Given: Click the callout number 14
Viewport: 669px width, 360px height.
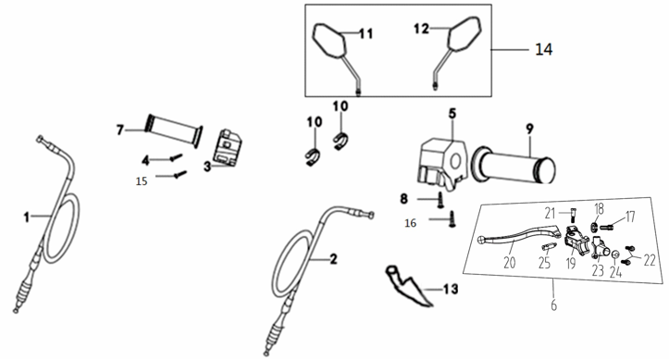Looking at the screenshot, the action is click(543, 49).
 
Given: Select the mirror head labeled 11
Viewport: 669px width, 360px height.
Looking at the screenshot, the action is click(329, 41).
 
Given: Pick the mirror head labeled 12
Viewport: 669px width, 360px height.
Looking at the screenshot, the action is click(465, 34).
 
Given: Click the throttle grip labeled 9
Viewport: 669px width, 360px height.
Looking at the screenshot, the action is click(514, 166).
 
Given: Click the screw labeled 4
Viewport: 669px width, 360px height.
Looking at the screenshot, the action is click(176, 157).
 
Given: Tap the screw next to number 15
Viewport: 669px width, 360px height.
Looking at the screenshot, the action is click(180, 174).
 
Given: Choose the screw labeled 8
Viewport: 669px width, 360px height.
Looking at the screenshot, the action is click(440, 200).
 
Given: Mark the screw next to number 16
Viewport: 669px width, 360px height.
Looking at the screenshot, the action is click(452, 219).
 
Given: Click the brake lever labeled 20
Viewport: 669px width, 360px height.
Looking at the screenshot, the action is click(519, 235).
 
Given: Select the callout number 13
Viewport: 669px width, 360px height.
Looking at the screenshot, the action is click(451, 289).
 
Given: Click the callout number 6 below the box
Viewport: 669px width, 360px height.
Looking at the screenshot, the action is click(553, 305).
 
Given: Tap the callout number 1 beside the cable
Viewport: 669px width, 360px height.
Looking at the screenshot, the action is click(27, 217).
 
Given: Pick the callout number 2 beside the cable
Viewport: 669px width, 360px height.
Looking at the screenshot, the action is click(333, 259).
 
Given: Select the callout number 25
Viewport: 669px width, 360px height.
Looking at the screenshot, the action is click(544, 262).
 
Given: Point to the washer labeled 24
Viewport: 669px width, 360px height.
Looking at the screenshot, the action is click(615, 255).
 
